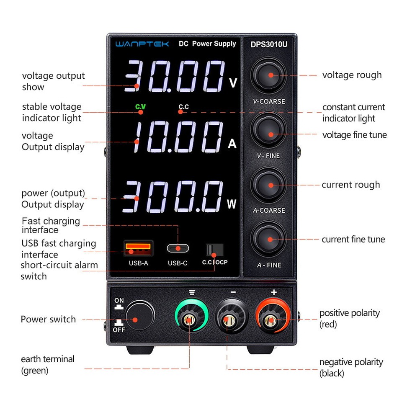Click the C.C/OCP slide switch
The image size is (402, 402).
pyautogui.click(x=214, y=250)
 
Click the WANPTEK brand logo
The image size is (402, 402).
pyautogui.click(x=142, y=44)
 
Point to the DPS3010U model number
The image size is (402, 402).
pyautogui.click(x=269, y=44)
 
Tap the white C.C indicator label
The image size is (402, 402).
pyautogui.click(x=183, y=107)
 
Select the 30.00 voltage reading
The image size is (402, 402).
pyautogui.click(x=176, y=77)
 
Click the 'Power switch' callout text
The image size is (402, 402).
pyautogui.click(x=48, y=320)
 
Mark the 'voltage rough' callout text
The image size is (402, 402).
pyautogui.click(x=352, y=75)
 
